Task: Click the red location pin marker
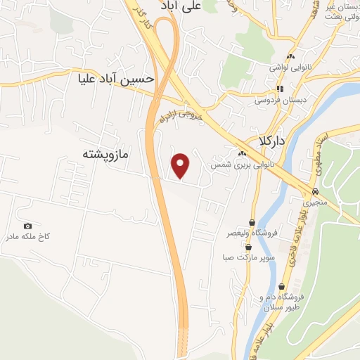click(181, 165)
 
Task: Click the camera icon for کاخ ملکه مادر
click(27, 226)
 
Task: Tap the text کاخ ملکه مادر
click(28, 237)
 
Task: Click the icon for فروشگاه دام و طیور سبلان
click(282, 287)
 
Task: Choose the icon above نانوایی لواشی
click(289, 56)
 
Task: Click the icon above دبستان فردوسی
click(280, 89)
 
